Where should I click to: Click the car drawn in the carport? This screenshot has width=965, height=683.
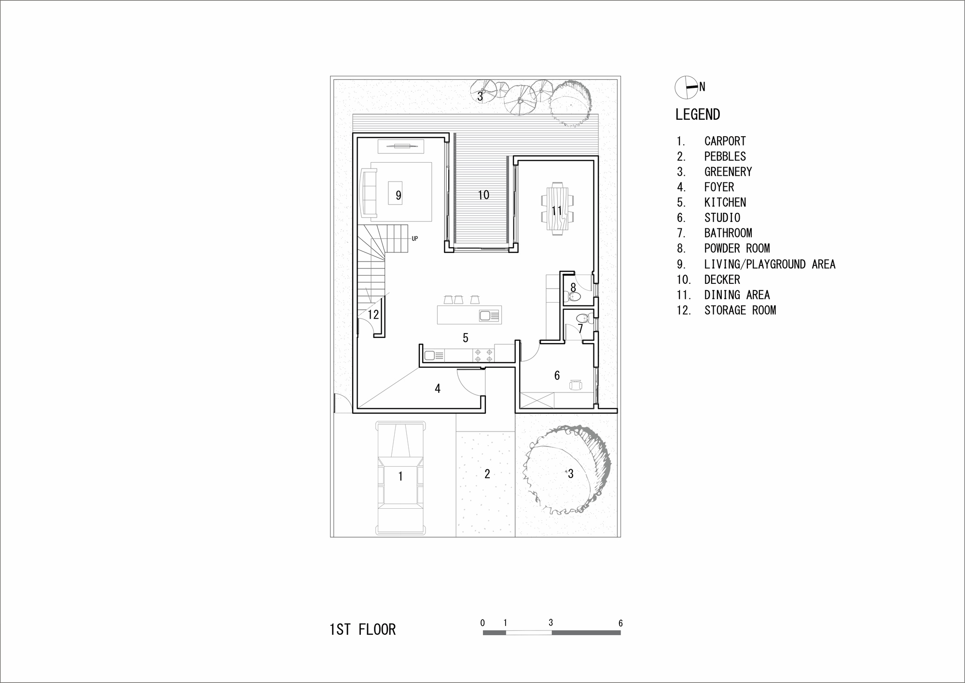coord(400,478)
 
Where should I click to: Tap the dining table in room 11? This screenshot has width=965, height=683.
coord(558,209)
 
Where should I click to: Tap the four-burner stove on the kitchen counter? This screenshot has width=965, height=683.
coord(483,356)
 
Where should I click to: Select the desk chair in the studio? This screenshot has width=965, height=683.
coord(576,385)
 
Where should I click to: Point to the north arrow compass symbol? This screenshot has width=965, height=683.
coord(685,87)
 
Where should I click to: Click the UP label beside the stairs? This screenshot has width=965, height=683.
coord(414,238)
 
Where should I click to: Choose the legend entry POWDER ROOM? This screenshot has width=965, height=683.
coord(736,249)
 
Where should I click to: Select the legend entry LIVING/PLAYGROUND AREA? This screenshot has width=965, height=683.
coord(769,264)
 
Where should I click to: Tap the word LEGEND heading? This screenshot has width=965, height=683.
coord(698,115)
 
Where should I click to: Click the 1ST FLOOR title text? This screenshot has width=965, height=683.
coord(362,629)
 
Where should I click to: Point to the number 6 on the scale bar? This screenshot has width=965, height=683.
coord(620,623)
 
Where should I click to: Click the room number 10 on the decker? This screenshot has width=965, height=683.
coord(483,195)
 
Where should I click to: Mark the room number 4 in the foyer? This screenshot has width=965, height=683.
coord(438,389)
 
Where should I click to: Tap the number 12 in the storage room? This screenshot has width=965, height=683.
coord(373,315)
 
